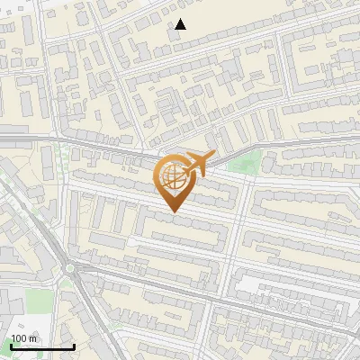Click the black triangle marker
click(180, 24)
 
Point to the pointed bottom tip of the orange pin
click(172, 212)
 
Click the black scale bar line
click(41, 346)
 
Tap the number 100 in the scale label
click(19, 338)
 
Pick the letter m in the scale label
click(33, 338)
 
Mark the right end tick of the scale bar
click(74, 346)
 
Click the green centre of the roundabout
click(69, 267)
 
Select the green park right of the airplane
click(248, 163)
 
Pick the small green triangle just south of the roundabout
click(66, 283)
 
